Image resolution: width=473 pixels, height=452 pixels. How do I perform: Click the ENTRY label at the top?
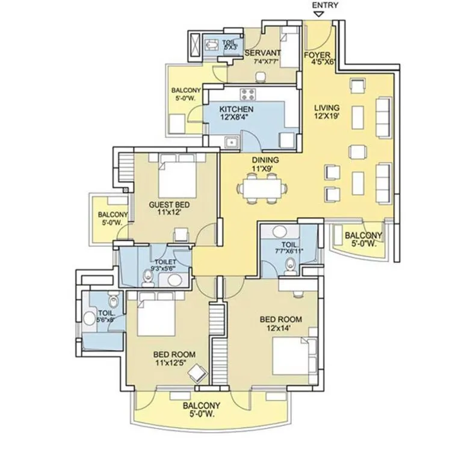(325, 5)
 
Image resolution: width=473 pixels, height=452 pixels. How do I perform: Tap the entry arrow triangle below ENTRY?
(319, 14)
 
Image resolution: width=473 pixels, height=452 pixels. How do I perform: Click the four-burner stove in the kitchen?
(248, 94)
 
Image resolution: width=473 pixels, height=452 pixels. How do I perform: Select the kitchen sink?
(232, 142)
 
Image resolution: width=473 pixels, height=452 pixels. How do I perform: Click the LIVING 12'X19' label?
(327, 111)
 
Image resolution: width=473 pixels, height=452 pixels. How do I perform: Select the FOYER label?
(317, 55)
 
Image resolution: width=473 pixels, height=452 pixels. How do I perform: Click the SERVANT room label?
(262, 53)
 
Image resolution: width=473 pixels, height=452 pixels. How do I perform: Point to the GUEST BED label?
(169, 205)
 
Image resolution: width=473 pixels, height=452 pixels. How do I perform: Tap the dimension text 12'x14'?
(279, 327)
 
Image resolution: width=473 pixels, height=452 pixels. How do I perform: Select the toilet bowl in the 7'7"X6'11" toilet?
(291, 265)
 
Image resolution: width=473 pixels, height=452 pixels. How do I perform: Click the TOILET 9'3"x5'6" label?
(163, 265)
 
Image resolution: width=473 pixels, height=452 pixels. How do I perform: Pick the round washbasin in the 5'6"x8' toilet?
(89, 318)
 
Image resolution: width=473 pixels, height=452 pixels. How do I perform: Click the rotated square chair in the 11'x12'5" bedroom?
(198, 373)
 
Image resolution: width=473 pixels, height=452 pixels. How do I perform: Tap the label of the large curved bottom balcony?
(202, 409)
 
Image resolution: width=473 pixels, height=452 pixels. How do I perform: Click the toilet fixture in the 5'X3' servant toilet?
(211, 45)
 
